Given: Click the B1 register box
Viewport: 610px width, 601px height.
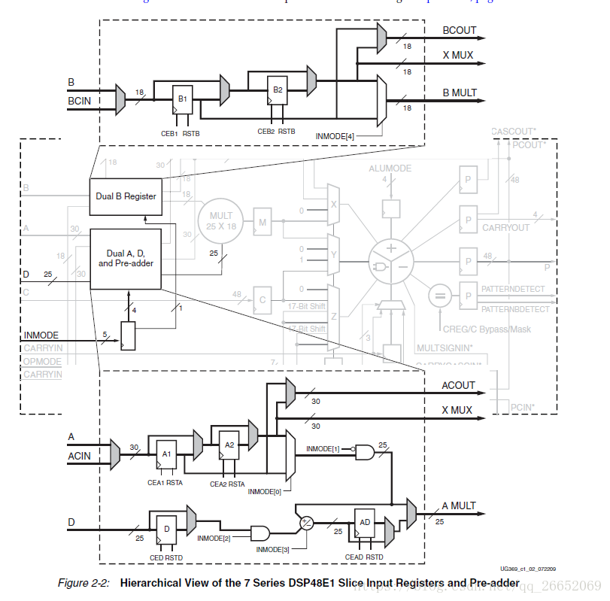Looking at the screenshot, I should coord(182,99).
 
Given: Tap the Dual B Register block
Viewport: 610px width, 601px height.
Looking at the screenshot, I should coord(126,196).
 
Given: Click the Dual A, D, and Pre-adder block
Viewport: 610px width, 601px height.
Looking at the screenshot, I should coord(126,259).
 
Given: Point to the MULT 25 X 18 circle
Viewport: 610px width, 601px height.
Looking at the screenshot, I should coord(221,220).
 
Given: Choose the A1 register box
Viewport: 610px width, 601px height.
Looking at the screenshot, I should coord(167,454).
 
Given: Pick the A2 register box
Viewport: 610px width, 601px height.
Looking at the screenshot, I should coord(230,445).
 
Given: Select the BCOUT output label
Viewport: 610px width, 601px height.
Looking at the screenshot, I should coord(460,31).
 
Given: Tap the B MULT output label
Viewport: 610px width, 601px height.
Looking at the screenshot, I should coord(460,93).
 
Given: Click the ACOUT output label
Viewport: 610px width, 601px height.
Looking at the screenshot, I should coord(459,385).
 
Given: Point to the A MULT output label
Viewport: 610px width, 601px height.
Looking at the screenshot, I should coord(459,505).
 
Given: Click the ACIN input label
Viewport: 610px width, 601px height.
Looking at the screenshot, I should coord(80,456).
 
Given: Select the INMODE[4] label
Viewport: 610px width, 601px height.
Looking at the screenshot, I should coord(335,136).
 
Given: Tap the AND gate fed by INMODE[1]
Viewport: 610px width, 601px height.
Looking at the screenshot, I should coord(365,451).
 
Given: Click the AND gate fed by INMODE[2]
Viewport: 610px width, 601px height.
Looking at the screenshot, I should coord(260,533).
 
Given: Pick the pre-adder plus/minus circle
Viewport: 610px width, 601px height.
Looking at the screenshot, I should coord(307,522).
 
